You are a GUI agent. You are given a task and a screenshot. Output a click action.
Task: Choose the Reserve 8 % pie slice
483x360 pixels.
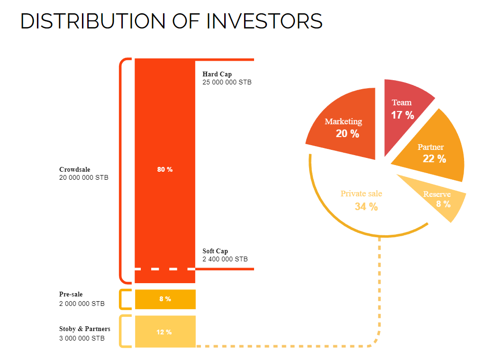coord(438,199)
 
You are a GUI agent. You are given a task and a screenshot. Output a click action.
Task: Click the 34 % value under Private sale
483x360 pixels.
coord(366,207)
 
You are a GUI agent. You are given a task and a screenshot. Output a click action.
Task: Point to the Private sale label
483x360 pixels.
coord(361,194)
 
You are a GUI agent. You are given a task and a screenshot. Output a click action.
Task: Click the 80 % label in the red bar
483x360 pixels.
coord(164,170)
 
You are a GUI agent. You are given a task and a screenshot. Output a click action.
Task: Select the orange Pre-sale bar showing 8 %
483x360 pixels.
coord(165,299)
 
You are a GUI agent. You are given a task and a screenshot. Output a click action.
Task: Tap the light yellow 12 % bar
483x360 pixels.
coord(165,332)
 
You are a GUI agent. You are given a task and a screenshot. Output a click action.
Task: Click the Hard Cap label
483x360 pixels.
coord(217,74)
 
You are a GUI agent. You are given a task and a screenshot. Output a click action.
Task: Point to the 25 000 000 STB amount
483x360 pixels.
coord(227,82)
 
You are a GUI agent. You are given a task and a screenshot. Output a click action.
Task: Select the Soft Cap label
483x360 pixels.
coord(215,251)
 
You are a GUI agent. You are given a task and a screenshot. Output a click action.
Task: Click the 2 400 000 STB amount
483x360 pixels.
coord(225,259)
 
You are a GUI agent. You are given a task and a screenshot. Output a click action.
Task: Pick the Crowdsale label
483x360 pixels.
coord(74,169)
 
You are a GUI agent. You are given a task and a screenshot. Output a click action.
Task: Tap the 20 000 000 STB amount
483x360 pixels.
coord(83,177)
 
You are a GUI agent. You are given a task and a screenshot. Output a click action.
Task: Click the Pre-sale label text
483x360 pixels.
coord(71,295)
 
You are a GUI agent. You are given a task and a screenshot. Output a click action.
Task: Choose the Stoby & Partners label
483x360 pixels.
coord(84,329)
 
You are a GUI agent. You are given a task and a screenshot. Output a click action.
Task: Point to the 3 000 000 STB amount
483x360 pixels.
coord(82,338)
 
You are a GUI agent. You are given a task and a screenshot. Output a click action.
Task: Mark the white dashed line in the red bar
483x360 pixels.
coord(164,269)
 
